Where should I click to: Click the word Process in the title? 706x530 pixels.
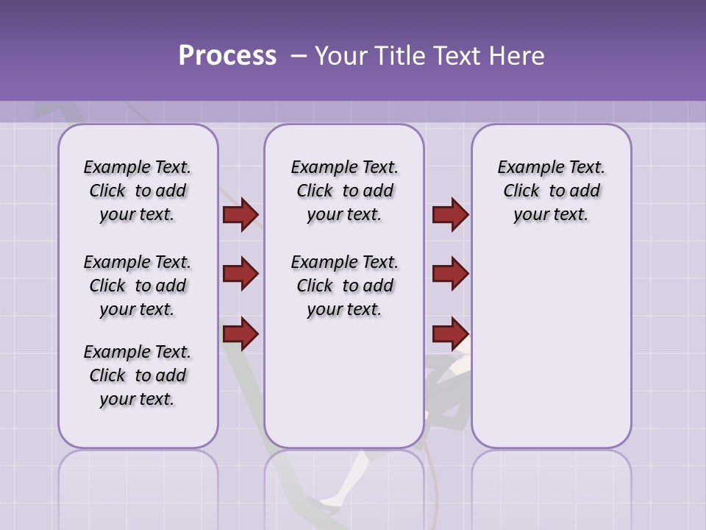point(227,56)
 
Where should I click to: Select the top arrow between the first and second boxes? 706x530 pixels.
point(240,214)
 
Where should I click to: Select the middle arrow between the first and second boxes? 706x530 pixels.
point(240,274)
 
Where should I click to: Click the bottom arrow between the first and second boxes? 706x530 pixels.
point(240,333)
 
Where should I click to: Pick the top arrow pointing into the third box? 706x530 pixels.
point(450,214)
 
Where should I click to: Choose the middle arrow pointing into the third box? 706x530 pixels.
point(450,274)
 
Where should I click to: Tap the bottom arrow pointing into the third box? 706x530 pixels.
point(450,333)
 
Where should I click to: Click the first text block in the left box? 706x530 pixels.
point(138,191)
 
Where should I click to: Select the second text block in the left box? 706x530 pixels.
point(138,286)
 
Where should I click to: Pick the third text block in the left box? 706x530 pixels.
point(138,375)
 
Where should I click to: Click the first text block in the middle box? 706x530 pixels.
point(344,191)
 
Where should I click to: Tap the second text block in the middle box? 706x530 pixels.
point(344,286)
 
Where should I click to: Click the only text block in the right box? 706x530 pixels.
point(551,191)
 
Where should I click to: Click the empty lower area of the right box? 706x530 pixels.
point(551,353)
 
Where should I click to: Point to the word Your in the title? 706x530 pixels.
point(339,56)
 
